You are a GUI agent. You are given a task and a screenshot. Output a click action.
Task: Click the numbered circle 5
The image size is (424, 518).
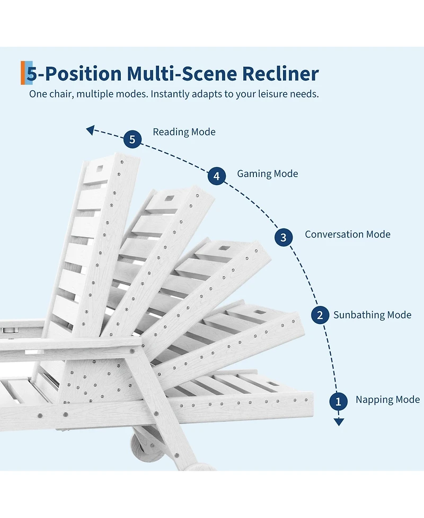132,139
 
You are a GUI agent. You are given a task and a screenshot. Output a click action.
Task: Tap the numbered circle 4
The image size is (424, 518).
217,175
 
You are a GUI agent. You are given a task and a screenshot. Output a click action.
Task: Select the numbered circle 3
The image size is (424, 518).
284,237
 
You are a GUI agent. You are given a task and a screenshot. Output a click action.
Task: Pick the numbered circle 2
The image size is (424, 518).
320,315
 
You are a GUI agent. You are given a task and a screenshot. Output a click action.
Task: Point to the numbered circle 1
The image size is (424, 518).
339,401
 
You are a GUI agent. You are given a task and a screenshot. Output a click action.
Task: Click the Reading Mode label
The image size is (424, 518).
184,132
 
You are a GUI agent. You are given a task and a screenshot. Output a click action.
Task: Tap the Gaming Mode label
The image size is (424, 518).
268,174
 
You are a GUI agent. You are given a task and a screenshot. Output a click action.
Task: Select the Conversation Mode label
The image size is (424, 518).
347,234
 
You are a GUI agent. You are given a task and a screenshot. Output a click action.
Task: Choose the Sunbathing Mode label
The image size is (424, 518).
372,315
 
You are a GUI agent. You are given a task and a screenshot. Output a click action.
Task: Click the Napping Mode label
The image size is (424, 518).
387,400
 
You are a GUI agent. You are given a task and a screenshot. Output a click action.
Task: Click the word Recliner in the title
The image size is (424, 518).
280,73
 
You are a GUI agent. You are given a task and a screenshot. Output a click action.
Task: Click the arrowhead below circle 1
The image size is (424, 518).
339,422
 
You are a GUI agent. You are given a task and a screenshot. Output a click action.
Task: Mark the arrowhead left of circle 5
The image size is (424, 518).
90,130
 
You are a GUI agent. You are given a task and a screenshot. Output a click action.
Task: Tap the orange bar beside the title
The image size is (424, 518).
23,73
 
